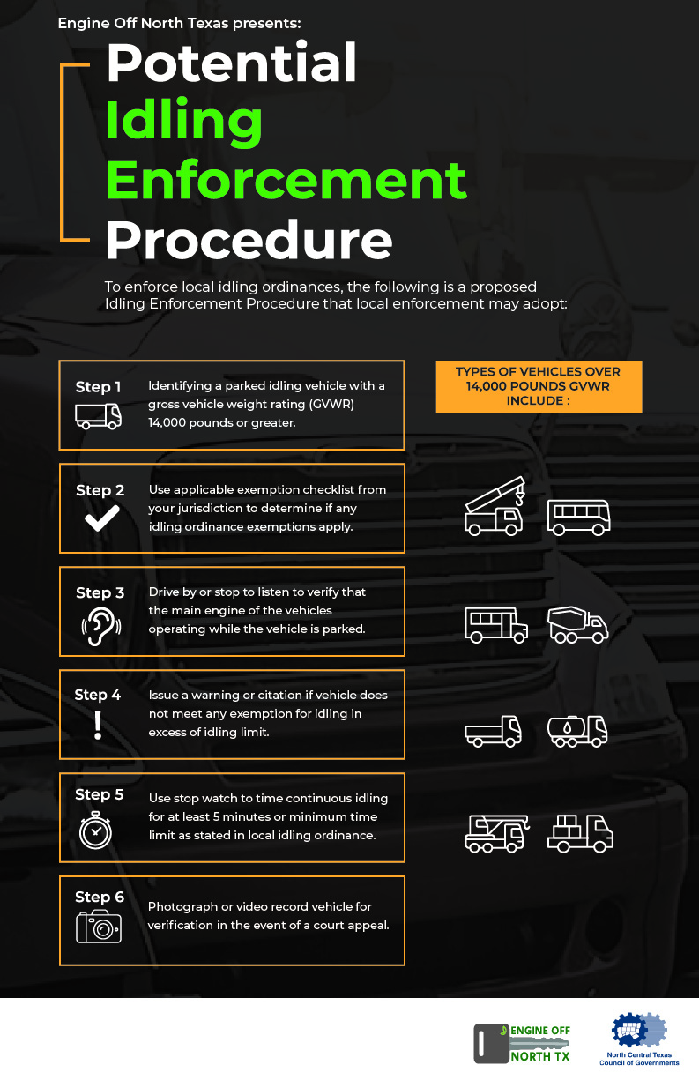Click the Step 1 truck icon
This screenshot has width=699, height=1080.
click(x=98, y=415)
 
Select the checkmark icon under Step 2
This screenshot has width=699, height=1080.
click(x=101, y=519)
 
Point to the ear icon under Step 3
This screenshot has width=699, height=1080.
click(x=98, y=624)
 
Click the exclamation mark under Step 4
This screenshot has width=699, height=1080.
click(x=98, y=725)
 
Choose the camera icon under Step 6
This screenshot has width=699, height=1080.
click(x=98, y=927)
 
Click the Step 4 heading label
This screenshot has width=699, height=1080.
click(x=98, y=695)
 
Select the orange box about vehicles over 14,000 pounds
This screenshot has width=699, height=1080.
click(x=538, y=386)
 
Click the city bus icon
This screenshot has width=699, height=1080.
click(x=578, y=518)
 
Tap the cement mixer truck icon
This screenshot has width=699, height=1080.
click(x=577, y=624)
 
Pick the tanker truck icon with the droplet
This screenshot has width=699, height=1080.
click(x=577, y=731)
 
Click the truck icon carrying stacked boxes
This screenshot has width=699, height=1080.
click(x=579, y=832)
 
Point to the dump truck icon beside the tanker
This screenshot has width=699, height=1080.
click(x=493, y=731)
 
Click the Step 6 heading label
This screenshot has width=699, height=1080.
click(x=99, y=898)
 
